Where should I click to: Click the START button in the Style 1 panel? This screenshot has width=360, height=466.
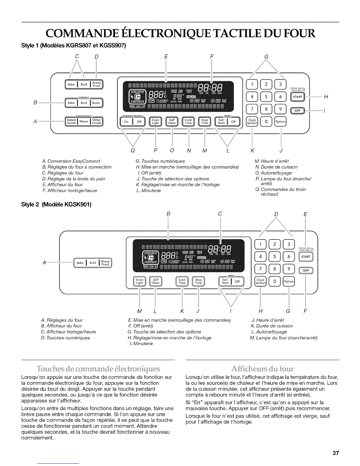[x=297, y=97]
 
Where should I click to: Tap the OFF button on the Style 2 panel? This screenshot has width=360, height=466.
[x=306, y=271]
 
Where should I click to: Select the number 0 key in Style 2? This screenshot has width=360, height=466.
[x=275, y=282]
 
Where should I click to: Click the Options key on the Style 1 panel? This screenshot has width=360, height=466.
[x=280, y=122]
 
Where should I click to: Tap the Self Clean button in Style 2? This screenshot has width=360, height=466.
[x=155, y=282]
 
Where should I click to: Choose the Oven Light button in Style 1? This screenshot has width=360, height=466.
[x=155, y=122]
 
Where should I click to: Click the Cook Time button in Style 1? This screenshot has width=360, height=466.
[x=188, y=122]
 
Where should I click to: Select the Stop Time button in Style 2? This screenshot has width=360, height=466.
[x=199, y=282]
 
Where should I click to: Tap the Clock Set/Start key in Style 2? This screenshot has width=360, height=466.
[x=260, y=282]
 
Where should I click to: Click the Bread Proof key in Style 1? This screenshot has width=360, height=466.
[x=96, y=84]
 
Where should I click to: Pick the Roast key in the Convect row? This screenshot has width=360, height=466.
[x=96, y=103]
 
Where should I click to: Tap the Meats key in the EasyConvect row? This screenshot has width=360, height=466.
[x=84, y=121]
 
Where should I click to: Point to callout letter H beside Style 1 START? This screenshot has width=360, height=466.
[x=325, y=96]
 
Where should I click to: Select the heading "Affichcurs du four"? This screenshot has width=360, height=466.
[x=262, y=369]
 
